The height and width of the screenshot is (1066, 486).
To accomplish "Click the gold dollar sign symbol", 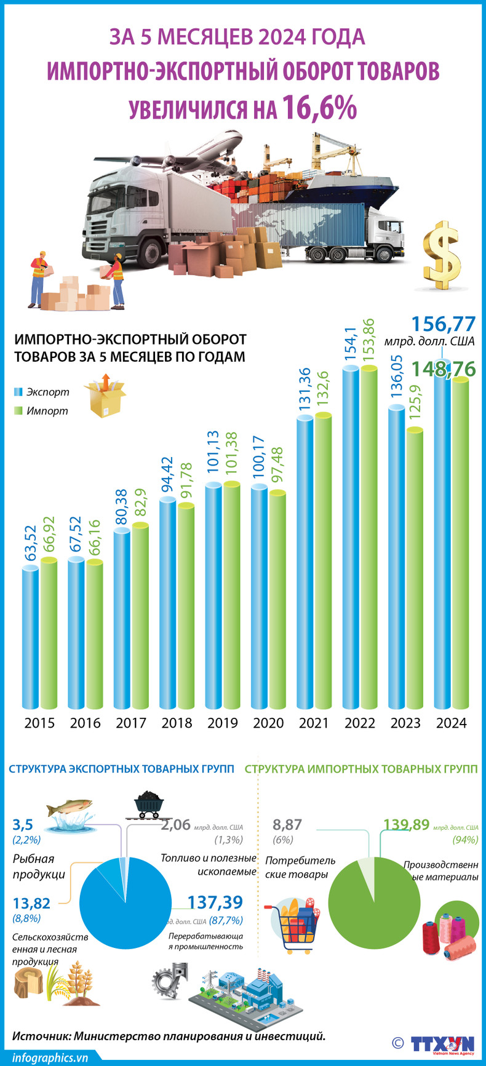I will tap(442, 256).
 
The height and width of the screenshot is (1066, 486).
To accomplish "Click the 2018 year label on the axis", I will tap(177, 723).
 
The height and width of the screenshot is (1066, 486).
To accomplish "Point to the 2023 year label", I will tap(405, 723).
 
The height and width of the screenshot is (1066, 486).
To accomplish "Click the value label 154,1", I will tap(351, 344).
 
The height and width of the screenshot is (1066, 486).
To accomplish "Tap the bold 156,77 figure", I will tap(443, 324).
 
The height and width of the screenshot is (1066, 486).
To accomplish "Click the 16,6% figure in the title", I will tap(320, 108).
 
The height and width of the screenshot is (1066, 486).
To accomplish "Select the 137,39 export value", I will tap(215, 902).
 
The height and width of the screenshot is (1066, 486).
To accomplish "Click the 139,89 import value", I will tap(406, 825).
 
